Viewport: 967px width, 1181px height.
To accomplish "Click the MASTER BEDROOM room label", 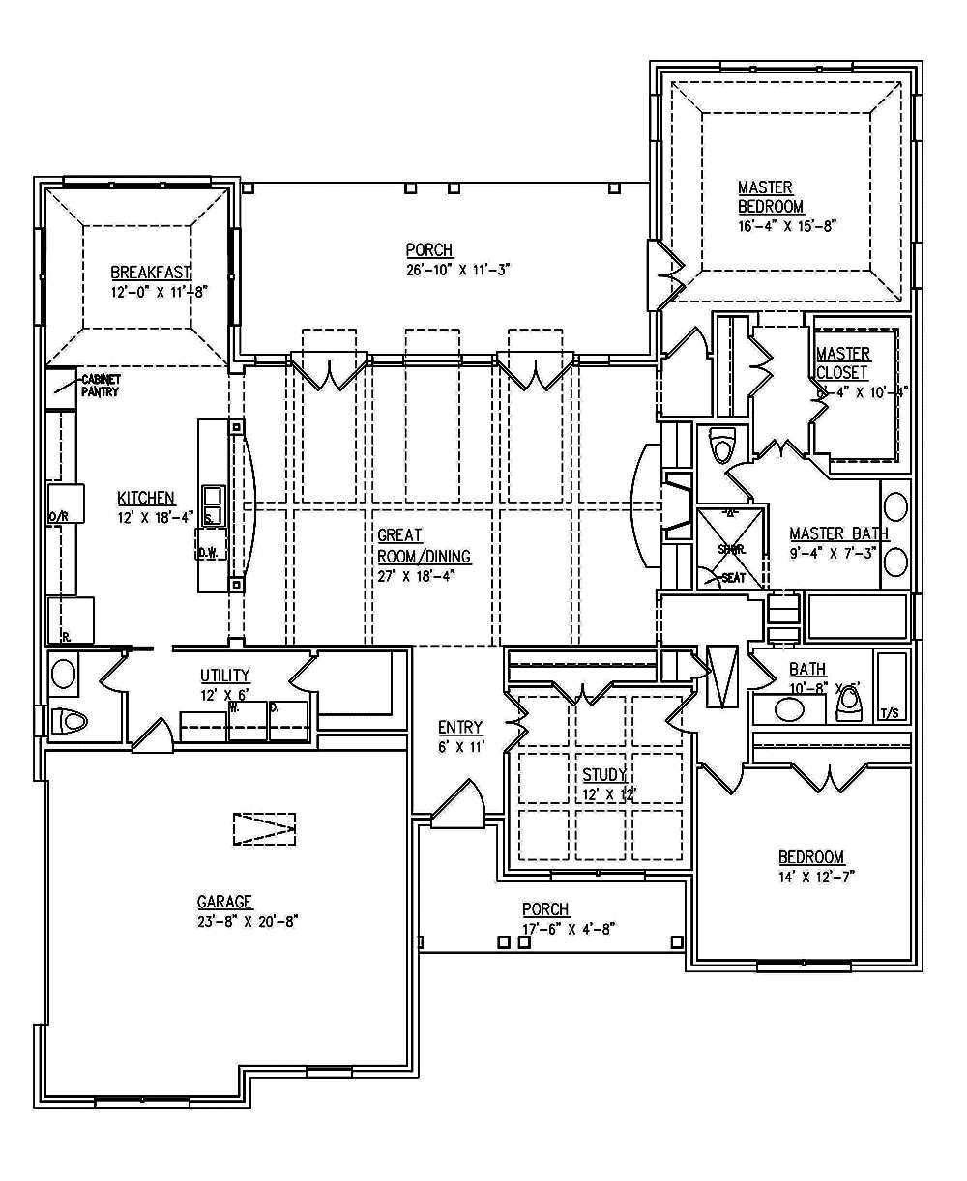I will [771, 197].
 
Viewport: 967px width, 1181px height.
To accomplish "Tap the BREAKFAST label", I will [151, 273].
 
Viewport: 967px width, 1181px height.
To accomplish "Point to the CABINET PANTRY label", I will [101, 386].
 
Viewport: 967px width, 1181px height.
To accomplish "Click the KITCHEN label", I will [145, 498].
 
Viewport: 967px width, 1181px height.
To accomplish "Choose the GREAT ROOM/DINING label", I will [424, 546].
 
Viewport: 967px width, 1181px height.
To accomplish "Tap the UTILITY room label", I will [225, 676].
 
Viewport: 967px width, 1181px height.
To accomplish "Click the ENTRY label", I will [460, 728].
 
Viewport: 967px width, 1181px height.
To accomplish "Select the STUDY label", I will [604, 775].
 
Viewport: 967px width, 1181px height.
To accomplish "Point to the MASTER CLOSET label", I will [842, 363].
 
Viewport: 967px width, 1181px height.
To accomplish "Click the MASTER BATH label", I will [838, 533].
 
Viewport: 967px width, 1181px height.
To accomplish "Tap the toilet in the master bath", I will [721, 446].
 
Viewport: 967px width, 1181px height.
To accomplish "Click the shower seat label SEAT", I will [734, 578].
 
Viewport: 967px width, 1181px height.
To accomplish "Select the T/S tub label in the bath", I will [891, 714].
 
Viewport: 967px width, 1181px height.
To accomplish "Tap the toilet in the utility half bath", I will [71, 721].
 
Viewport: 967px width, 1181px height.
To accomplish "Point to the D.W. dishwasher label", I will [206, 554].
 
